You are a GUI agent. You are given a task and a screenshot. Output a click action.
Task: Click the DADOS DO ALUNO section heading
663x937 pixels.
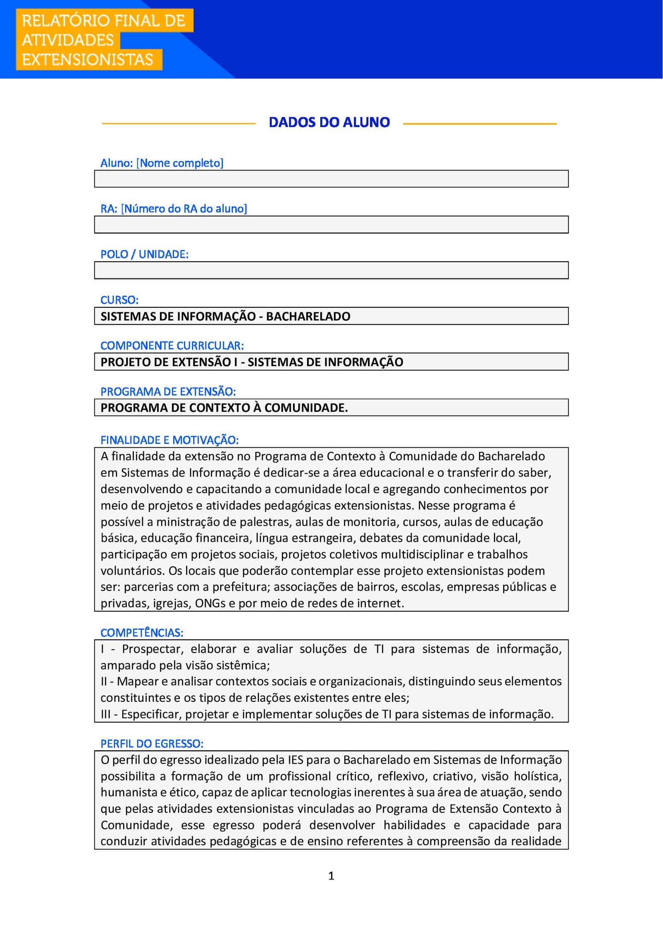329,123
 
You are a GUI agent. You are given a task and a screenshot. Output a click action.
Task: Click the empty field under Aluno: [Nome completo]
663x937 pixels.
331,179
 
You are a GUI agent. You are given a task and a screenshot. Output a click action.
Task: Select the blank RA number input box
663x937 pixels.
331,224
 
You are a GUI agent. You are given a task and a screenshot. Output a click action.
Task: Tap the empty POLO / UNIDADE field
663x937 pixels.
331,270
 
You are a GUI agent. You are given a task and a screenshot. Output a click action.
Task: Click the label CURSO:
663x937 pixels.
119,300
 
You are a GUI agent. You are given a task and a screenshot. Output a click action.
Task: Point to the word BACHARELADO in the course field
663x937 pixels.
308,316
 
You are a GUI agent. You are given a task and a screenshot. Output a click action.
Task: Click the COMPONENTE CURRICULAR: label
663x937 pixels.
172,345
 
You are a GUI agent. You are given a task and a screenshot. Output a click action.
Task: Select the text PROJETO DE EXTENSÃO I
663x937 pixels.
169,362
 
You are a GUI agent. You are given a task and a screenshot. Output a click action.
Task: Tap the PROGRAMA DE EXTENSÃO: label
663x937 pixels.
168,391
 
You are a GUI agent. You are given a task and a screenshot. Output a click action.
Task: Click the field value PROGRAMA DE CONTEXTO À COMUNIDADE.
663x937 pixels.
224,408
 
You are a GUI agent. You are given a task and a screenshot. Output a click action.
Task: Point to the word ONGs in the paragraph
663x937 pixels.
210,603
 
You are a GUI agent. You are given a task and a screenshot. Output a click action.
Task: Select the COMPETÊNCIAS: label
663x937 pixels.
142,633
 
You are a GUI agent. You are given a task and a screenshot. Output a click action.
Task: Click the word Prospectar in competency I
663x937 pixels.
152,649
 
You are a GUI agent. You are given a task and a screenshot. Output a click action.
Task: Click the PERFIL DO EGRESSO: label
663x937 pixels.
152,744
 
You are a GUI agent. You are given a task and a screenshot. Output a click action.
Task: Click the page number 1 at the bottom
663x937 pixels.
331,876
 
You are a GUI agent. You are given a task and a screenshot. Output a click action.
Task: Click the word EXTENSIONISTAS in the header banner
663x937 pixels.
87,60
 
